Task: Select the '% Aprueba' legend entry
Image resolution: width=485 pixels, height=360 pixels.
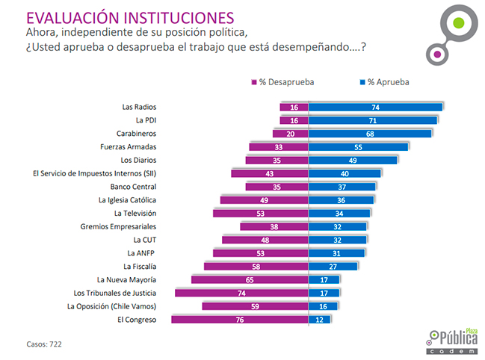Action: pos(385,81)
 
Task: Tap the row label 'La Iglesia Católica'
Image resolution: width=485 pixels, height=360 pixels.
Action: pos(127,200)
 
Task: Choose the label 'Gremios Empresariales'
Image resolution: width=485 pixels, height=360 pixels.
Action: pos(118,226)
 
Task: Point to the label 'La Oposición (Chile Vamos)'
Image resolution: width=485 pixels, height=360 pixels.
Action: pos(111,306)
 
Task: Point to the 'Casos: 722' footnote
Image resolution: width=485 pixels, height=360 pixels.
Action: pos(45,344)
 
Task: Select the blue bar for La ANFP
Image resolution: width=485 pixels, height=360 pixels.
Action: pos(336,253)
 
